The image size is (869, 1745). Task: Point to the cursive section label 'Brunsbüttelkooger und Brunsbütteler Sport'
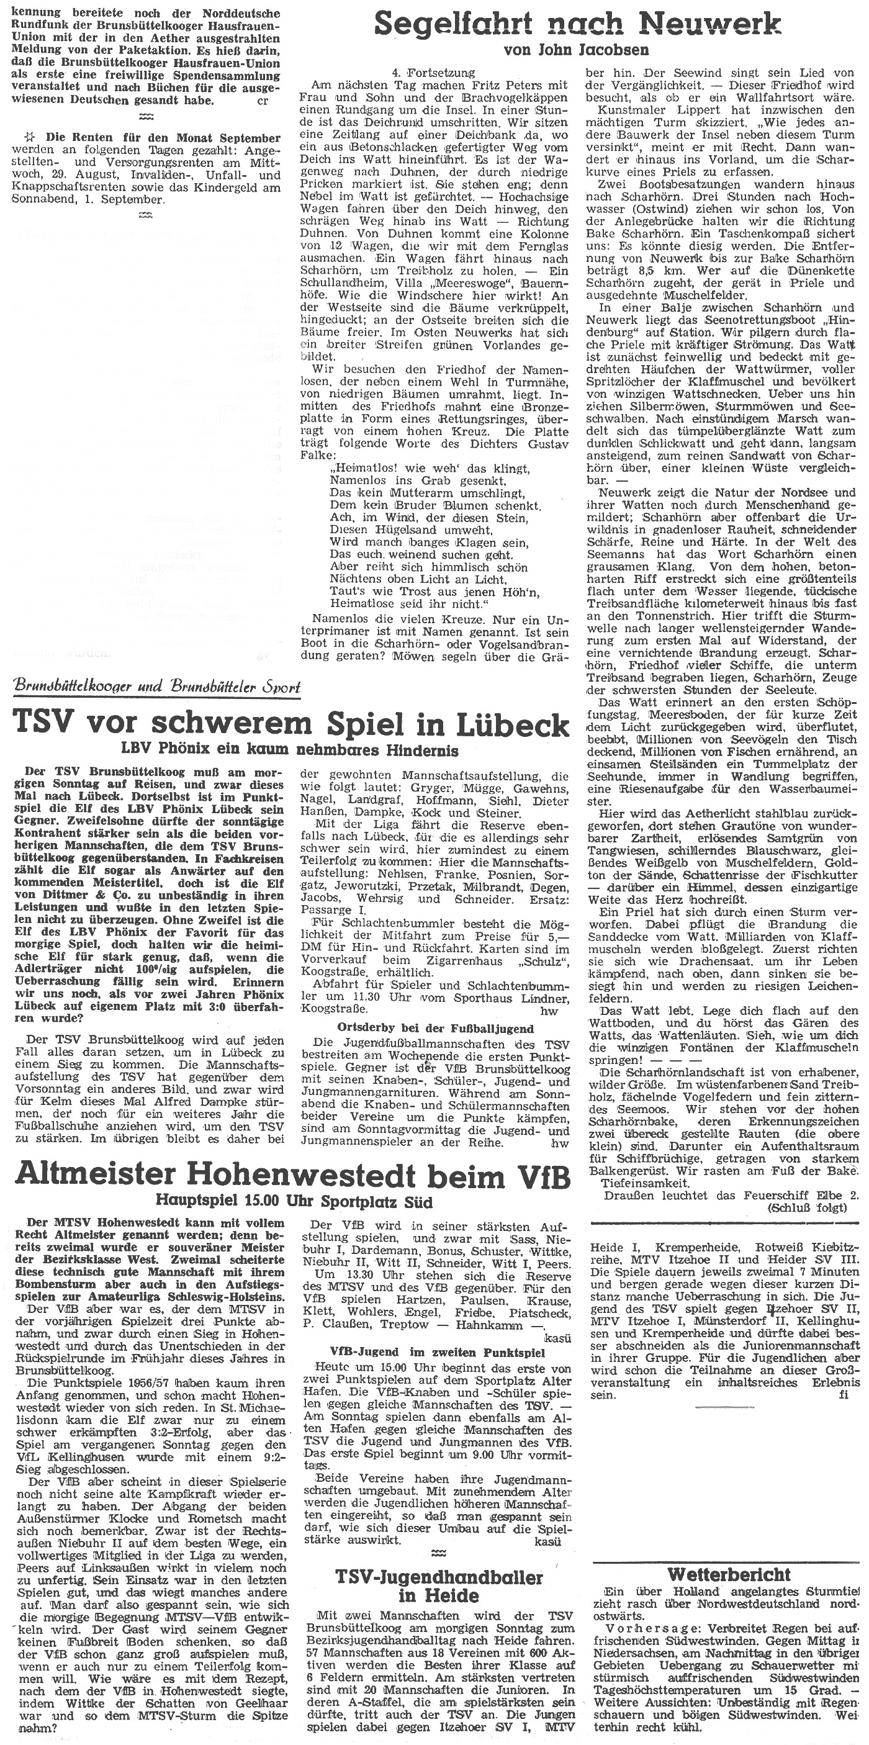click(x=156, y=688)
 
